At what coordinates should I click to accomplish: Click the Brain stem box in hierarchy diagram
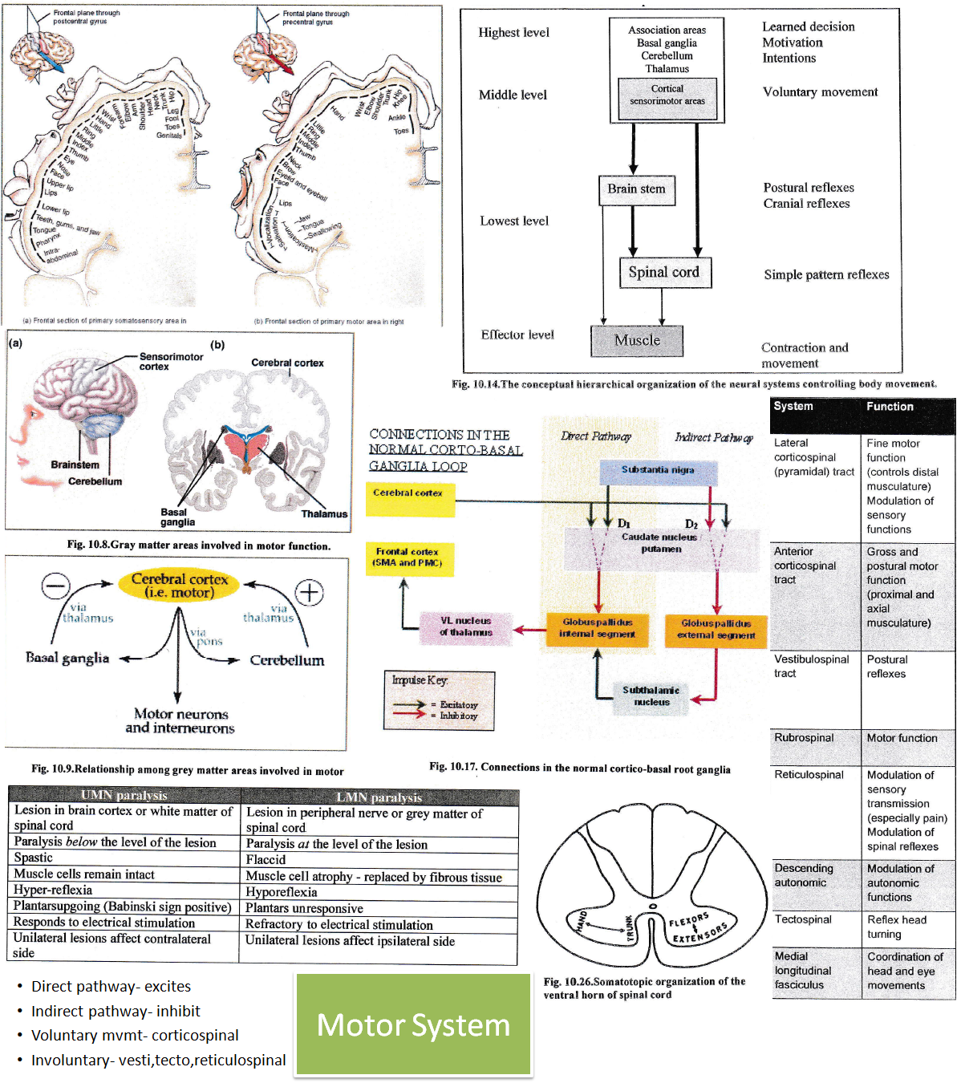point(636,189)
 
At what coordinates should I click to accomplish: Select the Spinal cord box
point(664,273)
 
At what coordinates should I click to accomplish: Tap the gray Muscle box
point(637,340)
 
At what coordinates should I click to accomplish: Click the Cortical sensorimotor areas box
point(667,95)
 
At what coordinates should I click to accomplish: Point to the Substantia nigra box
point(658,470)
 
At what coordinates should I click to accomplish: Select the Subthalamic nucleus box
point(651,696)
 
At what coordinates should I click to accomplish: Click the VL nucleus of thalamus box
point(465,627)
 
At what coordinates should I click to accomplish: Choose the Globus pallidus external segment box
point(716,629)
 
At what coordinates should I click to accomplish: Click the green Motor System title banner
point(413,1025)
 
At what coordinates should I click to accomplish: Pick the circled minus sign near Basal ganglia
point(55,586)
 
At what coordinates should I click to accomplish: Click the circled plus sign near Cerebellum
point(310,593)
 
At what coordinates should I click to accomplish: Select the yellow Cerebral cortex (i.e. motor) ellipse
point(179,586)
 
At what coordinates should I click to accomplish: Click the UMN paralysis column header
point(124,795)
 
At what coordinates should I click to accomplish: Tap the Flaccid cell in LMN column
point(266,859)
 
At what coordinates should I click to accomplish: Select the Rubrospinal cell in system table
point(805,738)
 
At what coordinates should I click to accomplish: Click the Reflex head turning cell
point(897,927)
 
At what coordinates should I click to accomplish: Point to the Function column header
point(890,407)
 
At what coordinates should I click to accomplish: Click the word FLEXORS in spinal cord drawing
point(689,919)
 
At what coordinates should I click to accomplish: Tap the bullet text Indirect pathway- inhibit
point(116,1011)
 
